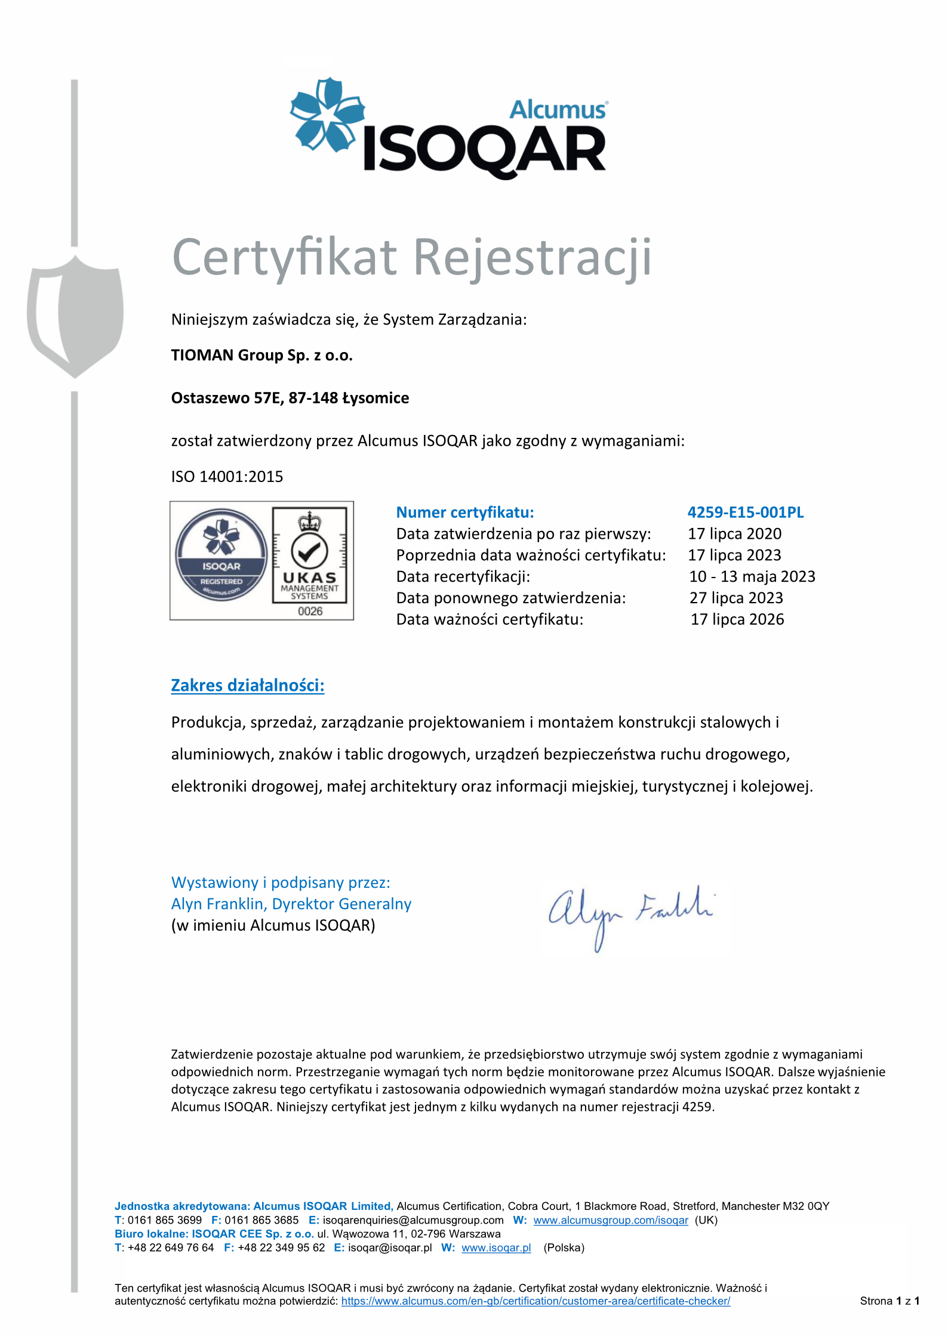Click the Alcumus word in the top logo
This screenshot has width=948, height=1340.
click(x=558, y=110)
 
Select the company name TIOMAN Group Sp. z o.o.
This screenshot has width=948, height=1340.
click(x=261, y=356)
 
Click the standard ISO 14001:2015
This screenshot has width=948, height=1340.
click(x=227, y=477)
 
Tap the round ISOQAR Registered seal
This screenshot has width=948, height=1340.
click(x=221, y=555)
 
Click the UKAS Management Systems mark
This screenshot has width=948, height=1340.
click(x=309, y=555)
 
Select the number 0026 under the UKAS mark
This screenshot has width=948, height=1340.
click(x=310, y=611)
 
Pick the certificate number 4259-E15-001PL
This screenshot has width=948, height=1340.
click(x=745, y=512)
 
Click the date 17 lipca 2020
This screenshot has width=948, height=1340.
click(x=734, y=534)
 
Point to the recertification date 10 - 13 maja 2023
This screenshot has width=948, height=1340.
click(x=752, y=577)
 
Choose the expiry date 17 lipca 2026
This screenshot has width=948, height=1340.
click(x=737, y=619)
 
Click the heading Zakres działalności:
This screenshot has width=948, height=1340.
click(x=248, y=686)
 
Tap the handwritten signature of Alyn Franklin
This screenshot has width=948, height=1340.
click(x=630, y=913)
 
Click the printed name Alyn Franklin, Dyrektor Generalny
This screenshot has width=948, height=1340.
click(x=291, y=904)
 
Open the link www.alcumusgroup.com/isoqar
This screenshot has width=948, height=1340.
click(x=611, y=1220)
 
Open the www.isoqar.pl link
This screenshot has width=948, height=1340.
click(x=496, y=1248)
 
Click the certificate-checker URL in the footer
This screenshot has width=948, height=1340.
click(x=535, y=1301)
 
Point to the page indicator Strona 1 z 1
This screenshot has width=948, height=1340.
click(x=889, y=1301)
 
